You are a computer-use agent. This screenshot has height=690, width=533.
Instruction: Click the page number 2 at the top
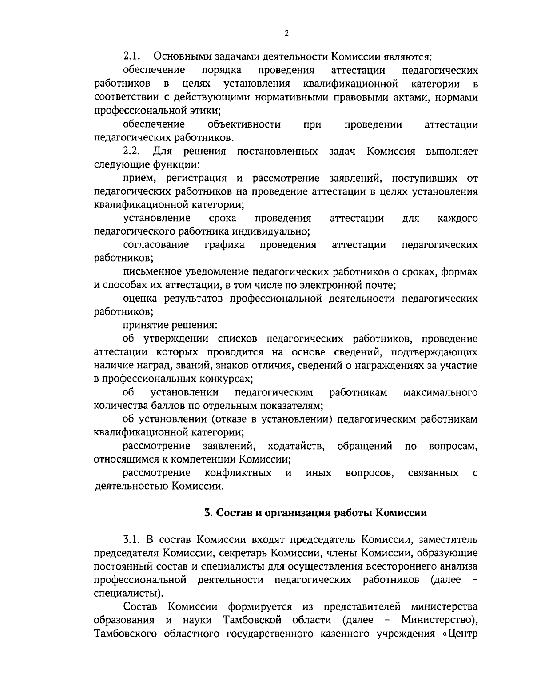pos(286,33)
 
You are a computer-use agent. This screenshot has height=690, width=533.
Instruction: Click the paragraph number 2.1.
pos(132,57)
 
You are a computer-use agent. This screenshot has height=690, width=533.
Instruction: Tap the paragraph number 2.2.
pos(132,152)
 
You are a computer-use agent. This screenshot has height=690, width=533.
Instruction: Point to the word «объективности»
pos(244,124)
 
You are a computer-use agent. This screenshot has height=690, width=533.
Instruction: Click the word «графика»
pos(224,245)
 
